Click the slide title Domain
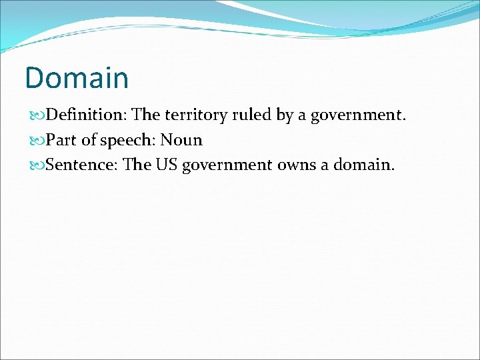[77, 77]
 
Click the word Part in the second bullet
[61, 140]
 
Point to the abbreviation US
[167, 165]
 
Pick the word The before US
[137, 165]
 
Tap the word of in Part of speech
[89, 140]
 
